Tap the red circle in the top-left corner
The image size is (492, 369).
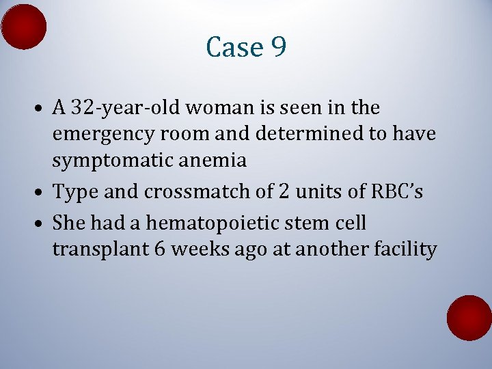coord(24,27)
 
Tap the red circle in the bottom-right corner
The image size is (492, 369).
coord(469,318)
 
